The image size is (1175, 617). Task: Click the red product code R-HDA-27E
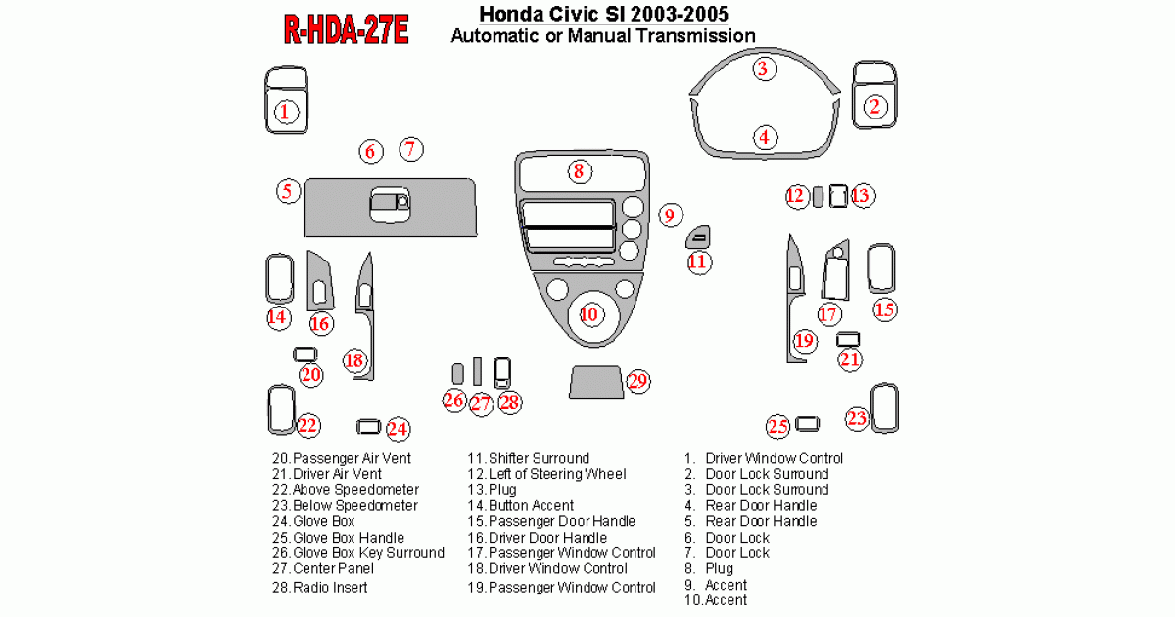[346, 29]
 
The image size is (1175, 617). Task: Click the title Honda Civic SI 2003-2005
[603, 14]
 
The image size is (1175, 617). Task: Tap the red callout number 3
[765, 69]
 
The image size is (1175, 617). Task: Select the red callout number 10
[591, 314]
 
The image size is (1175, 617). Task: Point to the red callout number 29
[637, 381]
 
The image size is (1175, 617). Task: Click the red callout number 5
[288, 191]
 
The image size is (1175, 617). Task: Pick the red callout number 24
[398, 429]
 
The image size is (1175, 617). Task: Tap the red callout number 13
[862, 196]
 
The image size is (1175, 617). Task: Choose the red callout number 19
[805, 341]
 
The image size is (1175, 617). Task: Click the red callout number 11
[699, 261]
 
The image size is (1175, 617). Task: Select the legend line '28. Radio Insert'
[320, 587]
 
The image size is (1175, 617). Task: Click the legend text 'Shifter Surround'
[540, 458]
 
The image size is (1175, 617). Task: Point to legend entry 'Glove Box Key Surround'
[369, 553]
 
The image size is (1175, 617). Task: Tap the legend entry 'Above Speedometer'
[355, 490]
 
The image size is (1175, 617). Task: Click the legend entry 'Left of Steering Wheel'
[557, 474]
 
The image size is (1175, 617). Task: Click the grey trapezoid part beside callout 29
[596, 382]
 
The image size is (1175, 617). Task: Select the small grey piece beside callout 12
[818, 197]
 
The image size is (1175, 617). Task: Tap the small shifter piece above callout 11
[698, 237]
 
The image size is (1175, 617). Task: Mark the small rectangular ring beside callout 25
[807, 424]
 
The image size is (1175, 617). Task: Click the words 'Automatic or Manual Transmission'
[603, 36]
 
